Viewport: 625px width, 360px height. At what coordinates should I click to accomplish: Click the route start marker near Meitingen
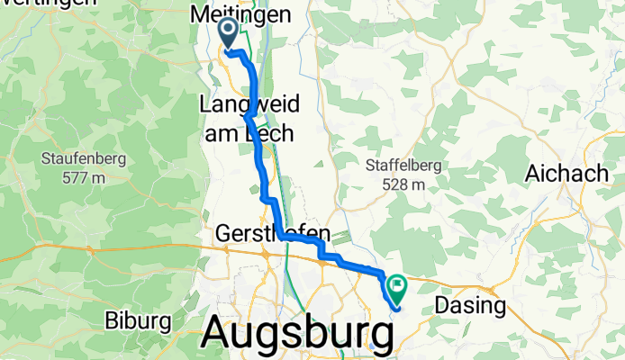(227, 32)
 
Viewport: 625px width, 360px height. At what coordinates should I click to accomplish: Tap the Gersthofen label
(273, 234)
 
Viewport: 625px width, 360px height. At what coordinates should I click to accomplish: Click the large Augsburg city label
(297, 331)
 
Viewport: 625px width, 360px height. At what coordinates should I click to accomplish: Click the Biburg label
(138, 320)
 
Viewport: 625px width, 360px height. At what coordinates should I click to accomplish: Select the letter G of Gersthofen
(223, 234)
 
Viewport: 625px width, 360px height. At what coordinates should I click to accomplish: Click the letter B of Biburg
(112, 320)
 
